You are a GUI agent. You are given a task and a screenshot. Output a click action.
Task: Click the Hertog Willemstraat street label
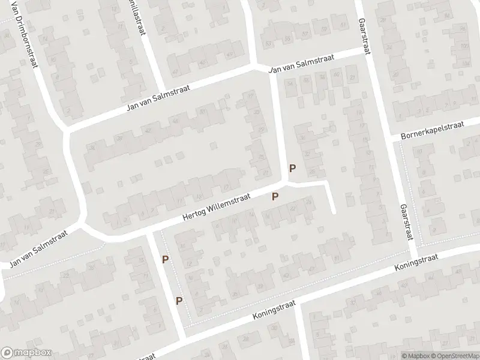pos(217,210)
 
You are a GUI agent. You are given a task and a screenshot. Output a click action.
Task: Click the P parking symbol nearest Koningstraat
pos(179,301)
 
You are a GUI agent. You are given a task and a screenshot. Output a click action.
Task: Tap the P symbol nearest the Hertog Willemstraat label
pos(275,196)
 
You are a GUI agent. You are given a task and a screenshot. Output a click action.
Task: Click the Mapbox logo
pos(26,353)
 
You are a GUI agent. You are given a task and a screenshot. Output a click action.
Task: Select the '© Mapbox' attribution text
pos(416,355)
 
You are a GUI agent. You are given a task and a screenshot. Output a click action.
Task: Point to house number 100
pos(463,46)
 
